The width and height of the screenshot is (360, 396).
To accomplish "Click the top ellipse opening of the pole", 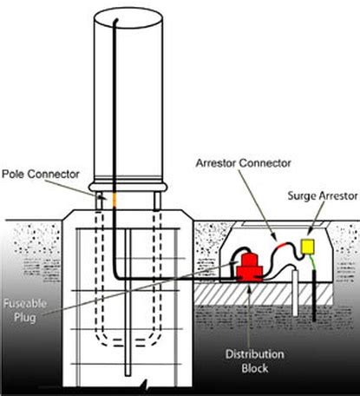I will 129,16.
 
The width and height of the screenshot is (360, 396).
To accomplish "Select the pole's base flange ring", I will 130,184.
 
